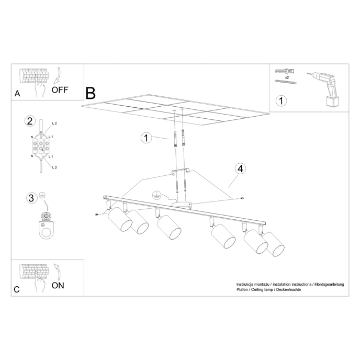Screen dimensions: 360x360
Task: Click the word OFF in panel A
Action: pos(60,89)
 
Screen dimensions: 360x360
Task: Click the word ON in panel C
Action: pos(58,285)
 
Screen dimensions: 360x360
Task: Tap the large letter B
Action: pos(91,93)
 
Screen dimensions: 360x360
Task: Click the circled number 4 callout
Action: pos(240,168)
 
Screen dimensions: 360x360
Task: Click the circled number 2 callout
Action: pos(30,121)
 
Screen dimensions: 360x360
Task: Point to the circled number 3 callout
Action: pos(32,198)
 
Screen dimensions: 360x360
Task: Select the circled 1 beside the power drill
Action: pos(282,100)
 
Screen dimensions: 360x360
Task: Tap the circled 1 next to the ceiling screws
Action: pos(147,138)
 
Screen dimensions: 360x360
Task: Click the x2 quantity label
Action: pos(288,77)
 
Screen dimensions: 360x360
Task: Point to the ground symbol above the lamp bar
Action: pos(155,195)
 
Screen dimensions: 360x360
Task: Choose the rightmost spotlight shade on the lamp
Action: pos(275,244)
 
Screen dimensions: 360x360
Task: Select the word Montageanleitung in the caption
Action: pos(328,284)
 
